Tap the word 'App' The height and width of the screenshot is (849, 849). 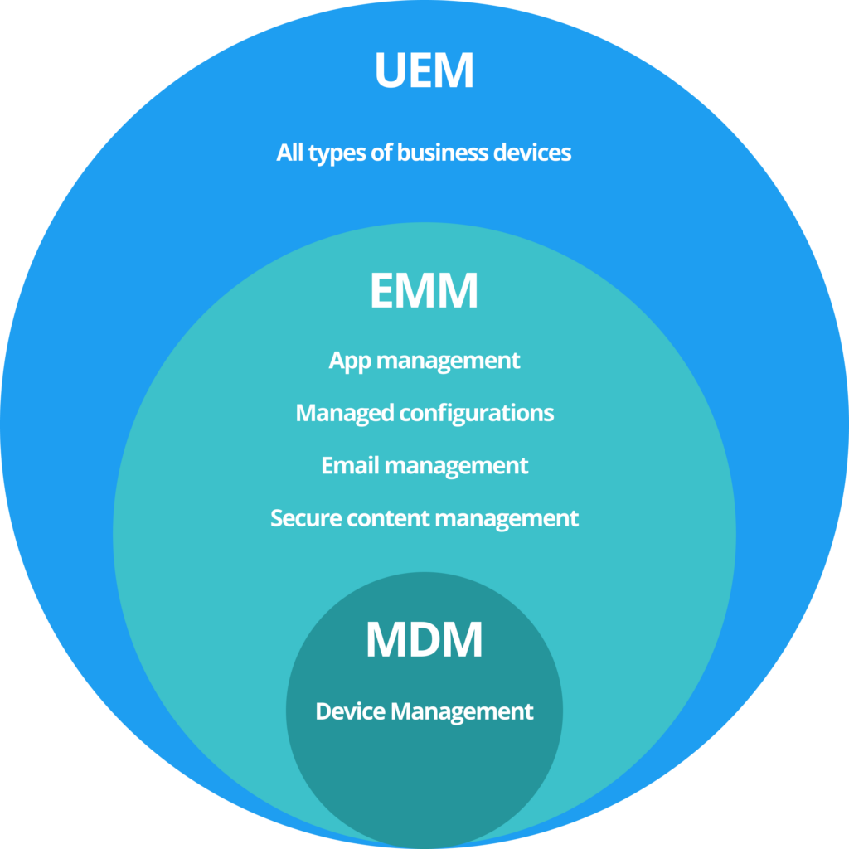347,361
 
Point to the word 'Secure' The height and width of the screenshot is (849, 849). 306,518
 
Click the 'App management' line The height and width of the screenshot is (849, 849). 424,361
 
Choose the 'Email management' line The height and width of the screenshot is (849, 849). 424,465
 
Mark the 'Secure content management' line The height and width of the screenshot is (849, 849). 424,518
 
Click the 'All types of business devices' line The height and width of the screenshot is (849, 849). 424,153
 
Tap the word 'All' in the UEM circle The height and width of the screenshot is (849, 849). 291,153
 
